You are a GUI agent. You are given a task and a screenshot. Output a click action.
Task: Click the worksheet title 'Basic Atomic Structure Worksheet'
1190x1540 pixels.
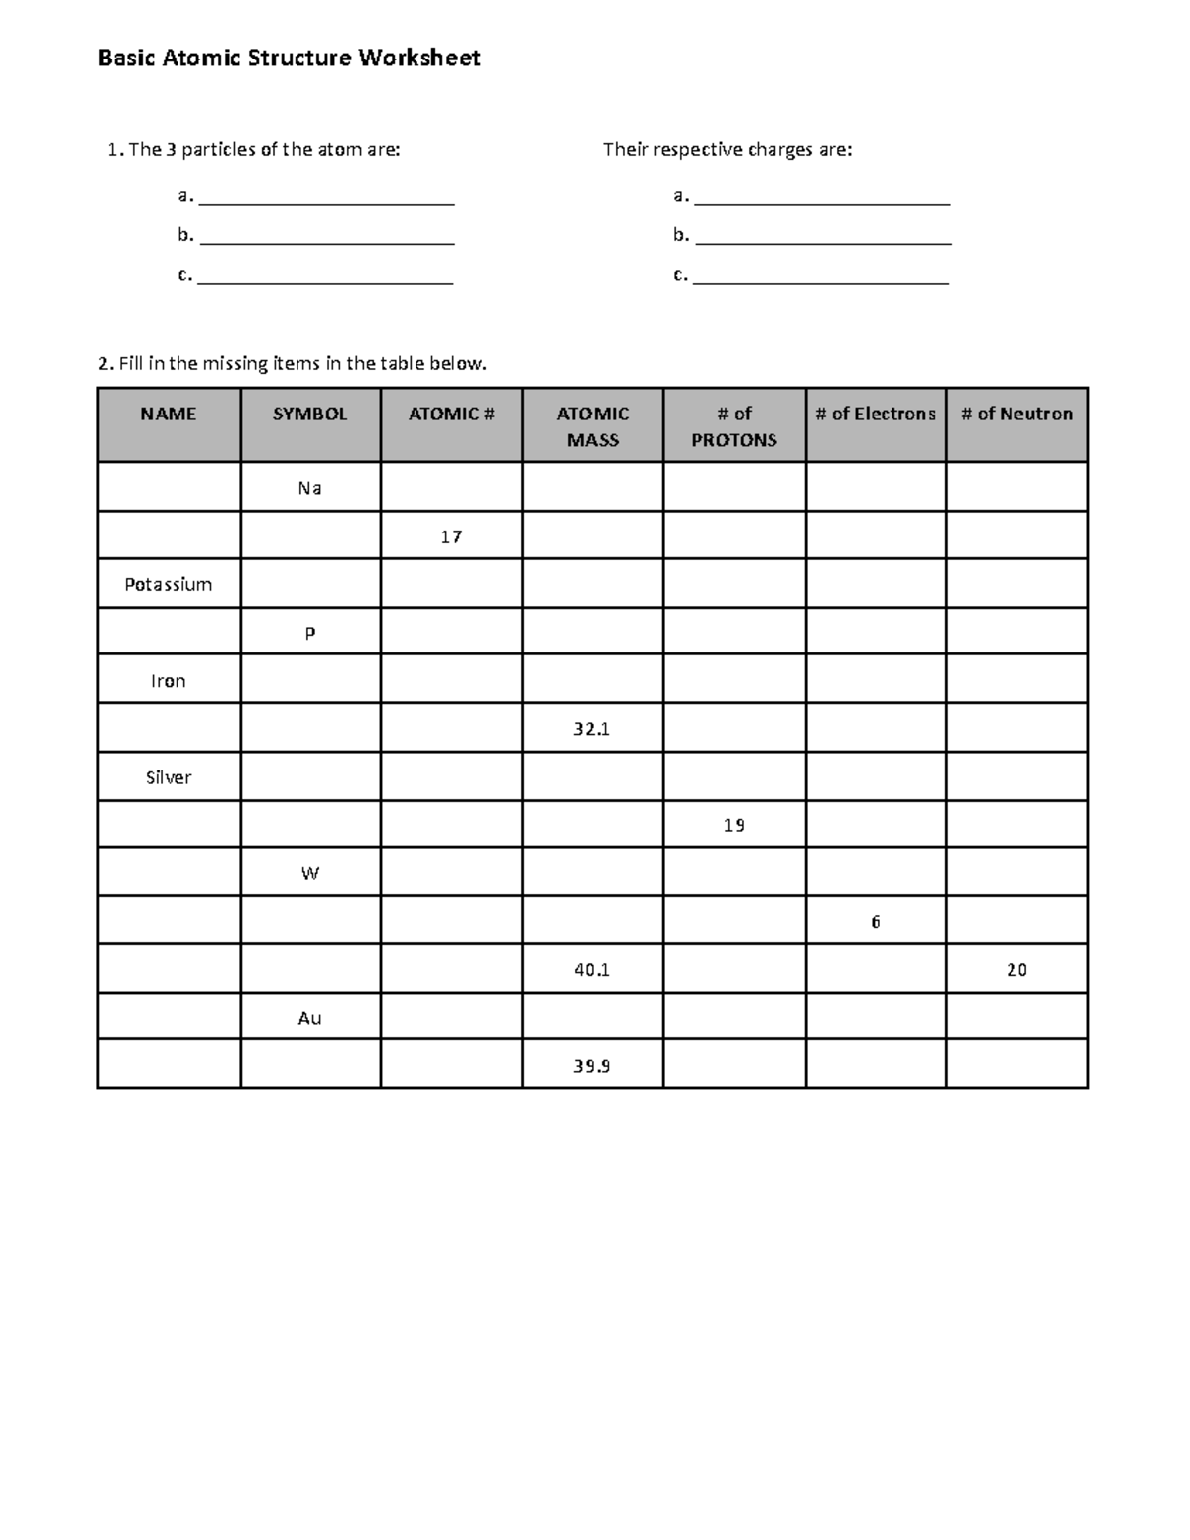click(x=289, y=59)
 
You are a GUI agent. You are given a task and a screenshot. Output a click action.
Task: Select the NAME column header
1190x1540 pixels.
click(x=169, y=415)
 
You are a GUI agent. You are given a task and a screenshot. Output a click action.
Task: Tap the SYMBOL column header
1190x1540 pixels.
click(x=309, y=415)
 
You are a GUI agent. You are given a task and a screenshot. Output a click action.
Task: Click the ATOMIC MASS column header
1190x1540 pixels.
click(x=592, y=426)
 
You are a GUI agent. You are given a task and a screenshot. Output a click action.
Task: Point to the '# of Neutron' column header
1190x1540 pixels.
click(x=1016, y=415)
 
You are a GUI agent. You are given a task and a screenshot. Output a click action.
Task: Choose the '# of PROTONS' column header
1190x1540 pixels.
click(x=734, y=426)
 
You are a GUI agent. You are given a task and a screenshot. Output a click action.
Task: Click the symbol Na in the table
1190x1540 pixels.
click(x=309, y=488)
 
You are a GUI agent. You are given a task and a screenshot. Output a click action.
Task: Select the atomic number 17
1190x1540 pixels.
click(x=451, y=536)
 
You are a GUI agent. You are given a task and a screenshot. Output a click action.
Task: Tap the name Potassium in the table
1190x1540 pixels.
click(x=169, y=584)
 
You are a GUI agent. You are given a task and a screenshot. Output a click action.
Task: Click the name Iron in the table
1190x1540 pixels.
click(x=169, y=681)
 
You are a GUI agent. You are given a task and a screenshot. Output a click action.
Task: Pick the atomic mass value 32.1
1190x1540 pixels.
click(x=591, y=729)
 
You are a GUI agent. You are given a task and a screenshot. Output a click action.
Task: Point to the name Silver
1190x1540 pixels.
click(x=169, y=777)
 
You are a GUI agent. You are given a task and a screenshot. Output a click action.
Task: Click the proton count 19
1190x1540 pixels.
click(x=734, y=825)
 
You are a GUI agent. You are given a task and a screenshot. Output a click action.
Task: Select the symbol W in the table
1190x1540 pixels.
click(x=309, y=874)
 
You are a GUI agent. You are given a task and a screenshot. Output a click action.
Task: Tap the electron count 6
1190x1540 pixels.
click(x=876, y=922)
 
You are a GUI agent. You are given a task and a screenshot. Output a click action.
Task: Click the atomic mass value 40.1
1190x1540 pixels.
click(x=591, y=970)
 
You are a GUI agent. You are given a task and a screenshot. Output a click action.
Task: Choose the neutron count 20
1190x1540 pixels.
click(x=1016, y=970)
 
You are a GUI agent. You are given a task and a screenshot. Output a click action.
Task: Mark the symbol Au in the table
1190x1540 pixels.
click(x=309, y=1018)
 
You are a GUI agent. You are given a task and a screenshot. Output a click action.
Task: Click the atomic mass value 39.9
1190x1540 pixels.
click(x=591, y=1066)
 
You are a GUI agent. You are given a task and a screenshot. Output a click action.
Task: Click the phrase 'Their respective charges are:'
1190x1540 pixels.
click(x=727, y=150)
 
